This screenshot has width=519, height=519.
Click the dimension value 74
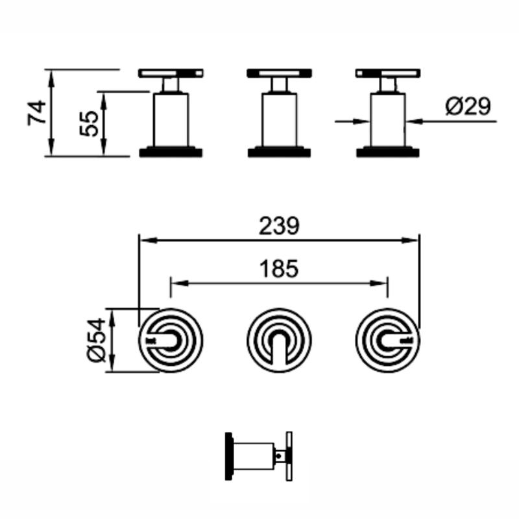(37, 112)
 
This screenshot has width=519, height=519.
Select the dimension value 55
(90, 123)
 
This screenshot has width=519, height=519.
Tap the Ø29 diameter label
(468, 105)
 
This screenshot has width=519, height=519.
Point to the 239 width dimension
(279, 226)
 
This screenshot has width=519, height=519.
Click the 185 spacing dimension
(279, 268)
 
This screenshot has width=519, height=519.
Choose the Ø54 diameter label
(95, 340)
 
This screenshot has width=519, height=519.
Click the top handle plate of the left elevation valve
(171, 73)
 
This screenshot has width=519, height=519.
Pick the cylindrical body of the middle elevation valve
(280, 120)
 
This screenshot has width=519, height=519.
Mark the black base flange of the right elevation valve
(388, 152)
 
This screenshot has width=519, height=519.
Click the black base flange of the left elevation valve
(171, 152)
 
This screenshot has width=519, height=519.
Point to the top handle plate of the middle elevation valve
(280, 73)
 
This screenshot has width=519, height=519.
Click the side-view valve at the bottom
(258, 456)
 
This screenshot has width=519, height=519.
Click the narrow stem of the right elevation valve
(388, 85)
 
